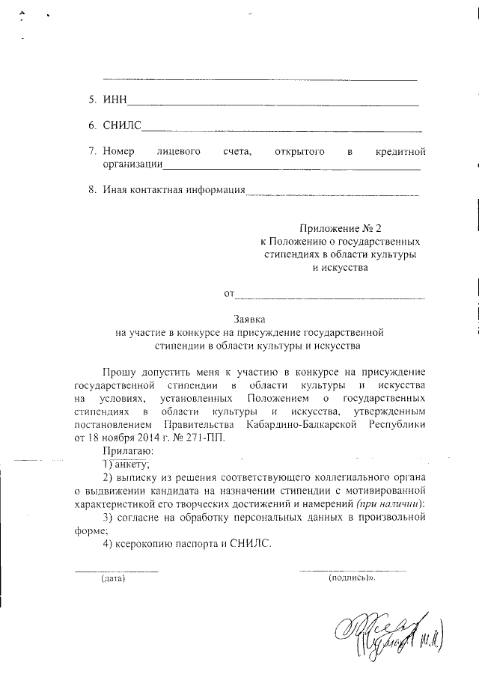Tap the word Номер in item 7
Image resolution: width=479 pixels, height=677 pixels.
[118, 152]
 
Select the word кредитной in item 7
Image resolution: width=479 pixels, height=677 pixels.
[400, 152]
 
